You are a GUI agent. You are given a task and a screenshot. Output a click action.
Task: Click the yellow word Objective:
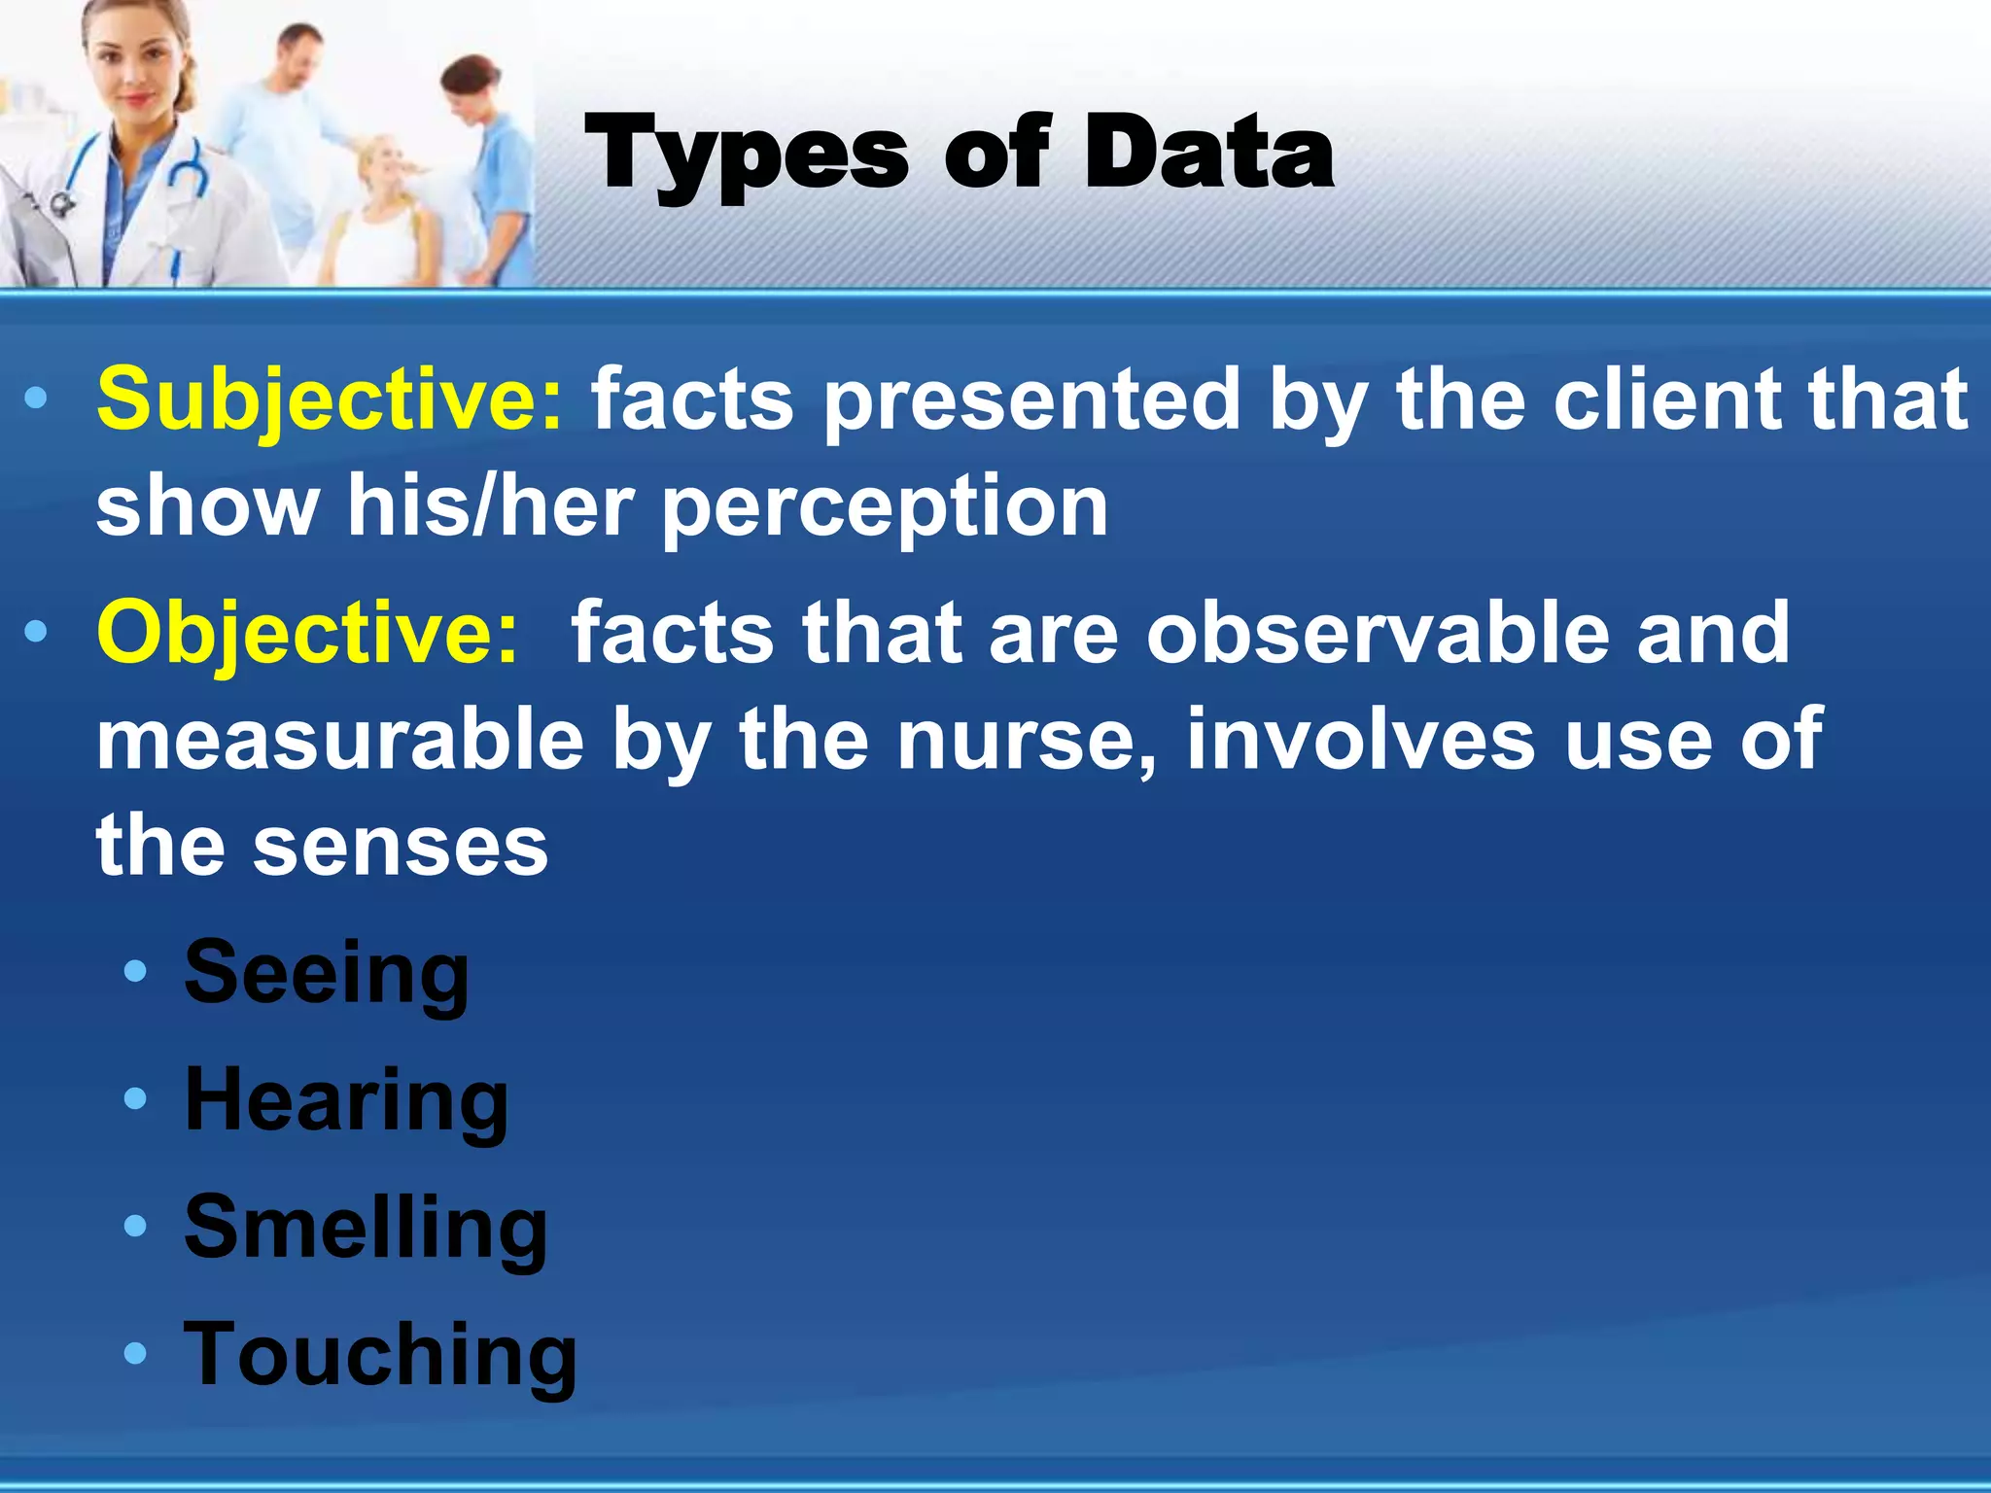click(307, 634)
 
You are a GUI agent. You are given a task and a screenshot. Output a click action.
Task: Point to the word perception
click(885, 506)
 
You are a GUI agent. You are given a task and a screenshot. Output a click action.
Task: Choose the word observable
click(1377, 634)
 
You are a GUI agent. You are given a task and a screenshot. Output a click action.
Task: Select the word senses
click(401, 846)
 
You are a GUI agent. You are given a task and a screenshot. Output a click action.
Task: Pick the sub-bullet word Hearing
click(346, 1101)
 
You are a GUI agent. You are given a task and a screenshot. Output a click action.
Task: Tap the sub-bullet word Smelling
click(366, 1229)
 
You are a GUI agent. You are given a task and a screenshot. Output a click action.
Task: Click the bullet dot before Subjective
click(36, 399)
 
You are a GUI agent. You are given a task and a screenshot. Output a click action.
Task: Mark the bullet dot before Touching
click(136, 1353)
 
